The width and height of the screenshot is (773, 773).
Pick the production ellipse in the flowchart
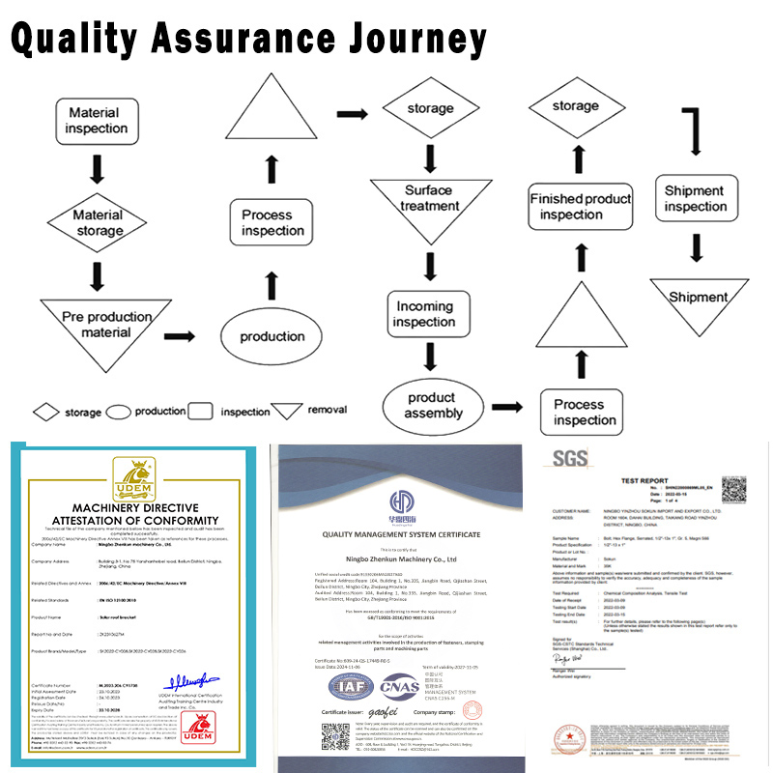272,336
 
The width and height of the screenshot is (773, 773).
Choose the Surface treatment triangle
429,198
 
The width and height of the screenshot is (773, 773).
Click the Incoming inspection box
424,313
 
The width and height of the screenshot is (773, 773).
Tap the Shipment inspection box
695,198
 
